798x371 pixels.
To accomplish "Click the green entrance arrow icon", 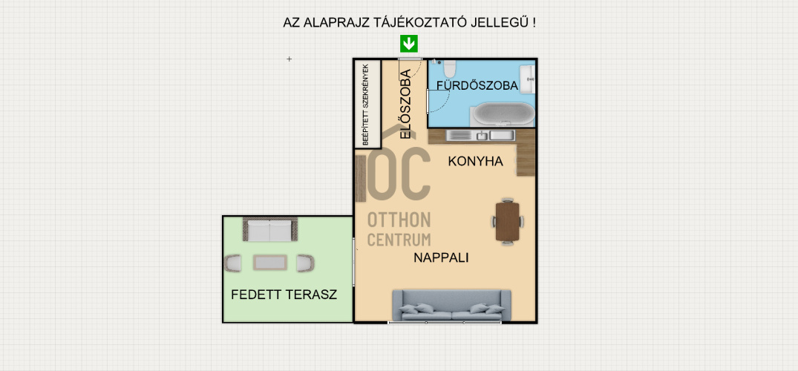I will (x=408, y=45).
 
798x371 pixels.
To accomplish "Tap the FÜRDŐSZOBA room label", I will (x=477, y=86).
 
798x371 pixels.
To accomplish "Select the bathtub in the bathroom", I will (x=503, y=114).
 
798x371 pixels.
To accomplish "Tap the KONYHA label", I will (x=476, y=161).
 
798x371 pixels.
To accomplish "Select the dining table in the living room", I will (x=508, y=220).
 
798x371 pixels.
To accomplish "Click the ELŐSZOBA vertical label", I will (x=405, y=104).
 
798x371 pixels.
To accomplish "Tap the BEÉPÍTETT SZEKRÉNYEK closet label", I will (x=364, y=104).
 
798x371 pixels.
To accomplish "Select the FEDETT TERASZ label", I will (x=284, y=295).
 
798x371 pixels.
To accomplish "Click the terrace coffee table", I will (x=269, y=262).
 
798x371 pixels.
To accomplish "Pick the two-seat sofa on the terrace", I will (x=269, y=231).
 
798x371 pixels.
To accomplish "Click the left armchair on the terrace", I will (x=234, y=262).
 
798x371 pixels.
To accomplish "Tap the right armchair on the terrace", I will (x=304, y=262).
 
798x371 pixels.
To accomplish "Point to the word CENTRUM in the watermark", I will (x=399, y=239).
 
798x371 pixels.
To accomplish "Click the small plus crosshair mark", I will (x=290, y=59).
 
